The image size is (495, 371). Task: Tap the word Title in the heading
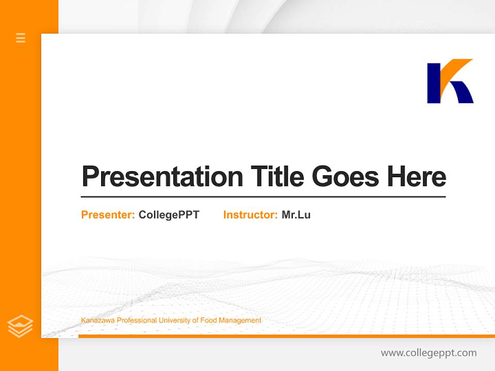tap(277, 177)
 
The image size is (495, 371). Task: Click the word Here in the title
tap(417, 177)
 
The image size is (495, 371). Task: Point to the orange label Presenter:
tap(108, 215)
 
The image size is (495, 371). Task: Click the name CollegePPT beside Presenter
tap(169, 215)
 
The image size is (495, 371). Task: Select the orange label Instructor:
tap(250, 215)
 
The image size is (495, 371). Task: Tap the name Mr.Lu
tap(296, 215)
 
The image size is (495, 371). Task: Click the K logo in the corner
tap(450, 81)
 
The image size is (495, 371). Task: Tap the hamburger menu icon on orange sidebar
tap(21, 38)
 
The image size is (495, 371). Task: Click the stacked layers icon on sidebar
tap(20, 326)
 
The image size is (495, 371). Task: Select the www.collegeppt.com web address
tap(428, 353)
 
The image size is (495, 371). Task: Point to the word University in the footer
tap(174, 321)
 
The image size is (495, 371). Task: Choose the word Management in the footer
tap(240, 321)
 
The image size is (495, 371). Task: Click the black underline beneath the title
tap(263, 197)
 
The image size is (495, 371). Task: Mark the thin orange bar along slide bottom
tap(286, 336)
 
